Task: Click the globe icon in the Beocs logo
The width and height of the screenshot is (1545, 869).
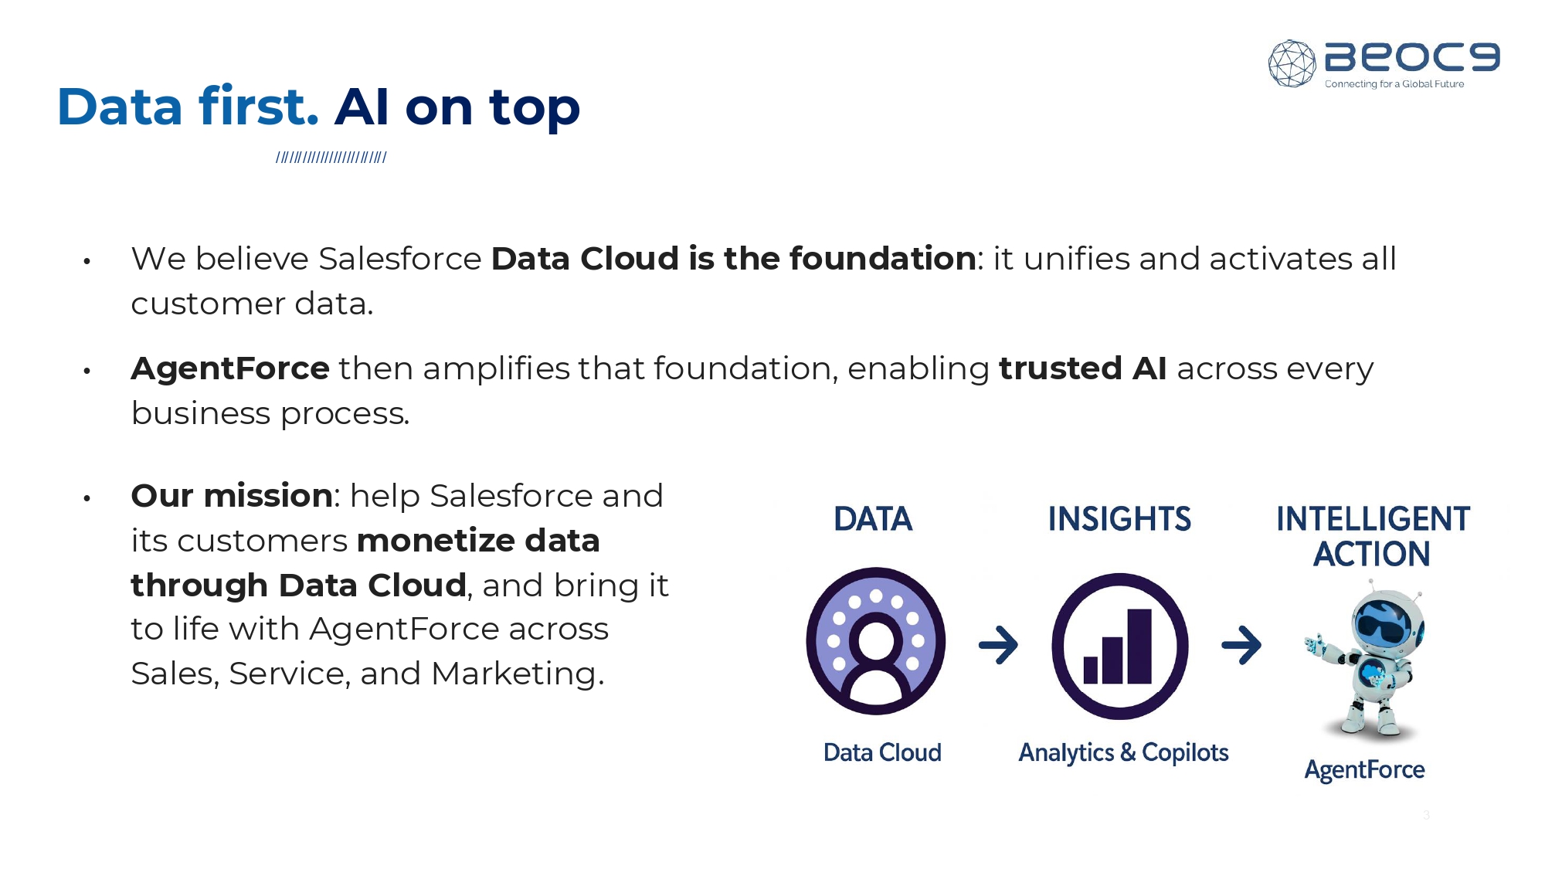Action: point(1292,63)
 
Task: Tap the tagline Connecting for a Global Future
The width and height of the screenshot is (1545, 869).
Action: point(1394,84)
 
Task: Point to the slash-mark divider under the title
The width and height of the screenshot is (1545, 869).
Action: point(331,158)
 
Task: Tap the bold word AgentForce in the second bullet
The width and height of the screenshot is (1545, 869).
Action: point(230,369)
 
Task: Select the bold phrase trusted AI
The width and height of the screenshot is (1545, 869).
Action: point(1083,368)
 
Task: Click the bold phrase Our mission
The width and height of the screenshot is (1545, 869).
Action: point(232,496)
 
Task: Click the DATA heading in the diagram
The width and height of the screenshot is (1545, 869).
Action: point(874,519)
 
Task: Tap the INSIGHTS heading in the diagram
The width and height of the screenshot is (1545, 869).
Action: point(1119,519)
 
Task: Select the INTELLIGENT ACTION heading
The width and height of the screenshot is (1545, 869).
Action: point(1373,536)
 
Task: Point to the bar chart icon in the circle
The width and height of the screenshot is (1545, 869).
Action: point(1118,647)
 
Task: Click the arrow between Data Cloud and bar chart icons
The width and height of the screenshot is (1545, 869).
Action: point(999,645)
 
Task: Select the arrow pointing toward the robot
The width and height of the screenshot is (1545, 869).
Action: point(1241,645)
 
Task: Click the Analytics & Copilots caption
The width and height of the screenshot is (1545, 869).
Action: point(1123,753)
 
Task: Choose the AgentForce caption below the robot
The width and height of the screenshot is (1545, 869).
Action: point(1365,770)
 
